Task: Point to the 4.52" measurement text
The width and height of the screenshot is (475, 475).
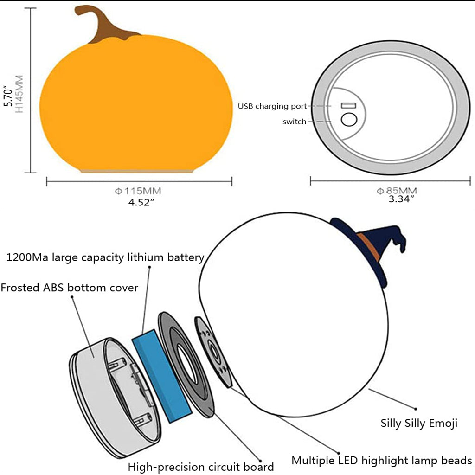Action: point(141,203)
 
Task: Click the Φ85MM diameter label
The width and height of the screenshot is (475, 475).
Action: point(397,191)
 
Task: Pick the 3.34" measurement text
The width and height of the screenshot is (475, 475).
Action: point(401,199)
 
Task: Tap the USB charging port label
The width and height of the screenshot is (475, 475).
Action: point(272,106)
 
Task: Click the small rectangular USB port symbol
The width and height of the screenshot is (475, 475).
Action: point(349,106)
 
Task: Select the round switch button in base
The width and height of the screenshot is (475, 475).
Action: point(349,120)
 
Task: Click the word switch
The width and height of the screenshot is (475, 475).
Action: point(295,122)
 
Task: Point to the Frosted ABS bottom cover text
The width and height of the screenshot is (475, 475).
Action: point(69,288)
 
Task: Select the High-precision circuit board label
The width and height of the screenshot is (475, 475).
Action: point(200,467)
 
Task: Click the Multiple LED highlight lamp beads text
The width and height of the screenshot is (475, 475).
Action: point(381,461)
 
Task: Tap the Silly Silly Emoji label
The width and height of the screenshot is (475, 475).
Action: point(419,423)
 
